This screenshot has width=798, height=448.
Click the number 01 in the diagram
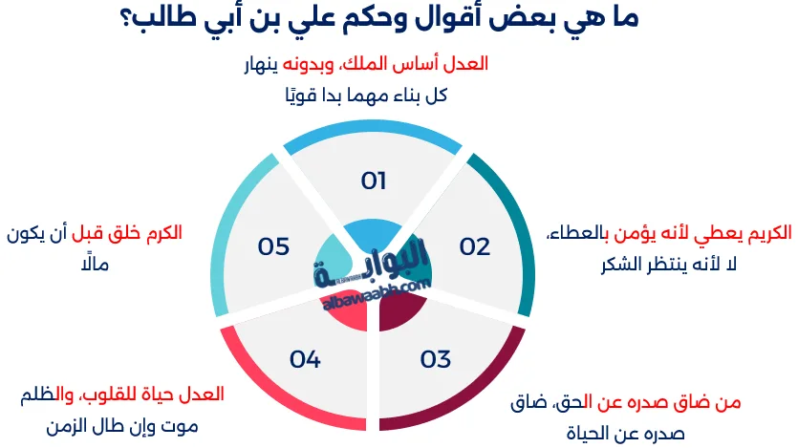(373, 181)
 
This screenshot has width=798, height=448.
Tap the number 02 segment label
(474, 246)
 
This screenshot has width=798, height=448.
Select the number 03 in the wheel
(435, 359)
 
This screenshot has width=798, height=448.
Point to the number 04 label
(305, 359)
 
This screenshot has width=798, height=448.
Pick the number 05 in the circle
(273, 246)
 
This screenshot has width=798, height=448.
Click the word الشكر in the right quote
(595, 263)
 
